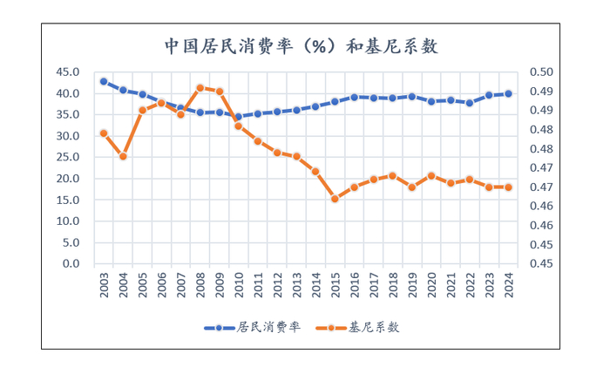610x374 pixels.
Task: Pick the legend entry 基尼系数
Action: tap(364, 328)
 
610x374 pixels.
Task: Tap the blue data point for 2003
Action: tap(104, 81)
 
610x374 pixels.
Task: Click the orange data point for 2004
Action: tap(123, 156)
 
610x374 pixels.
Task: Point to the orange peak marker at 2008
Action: tap(200, 87)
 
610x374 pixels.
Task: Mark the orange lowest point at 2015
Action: tap(335, 199)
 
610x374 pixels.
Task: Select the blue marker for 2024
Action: tap(508, 93)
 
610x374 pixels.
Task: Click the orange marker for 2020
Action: tap(430, 175)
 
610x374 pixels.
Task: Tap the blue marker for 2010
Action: tap(238, 117)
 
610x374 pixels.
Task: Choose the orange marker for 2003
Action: tap(104, 133)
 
